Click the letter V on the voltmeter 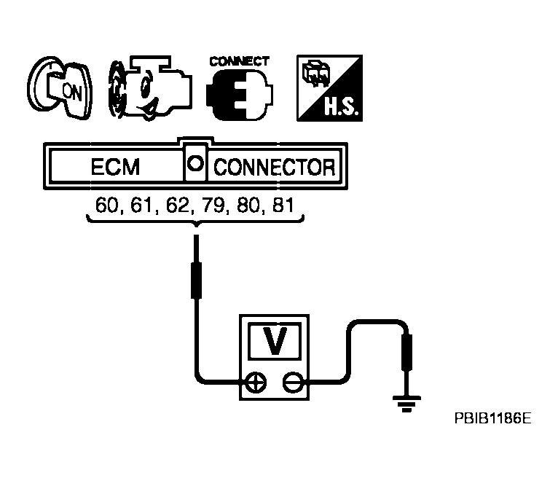coord(275,341)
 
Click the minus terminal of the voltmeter coord(293,381)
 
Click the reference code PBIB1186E coord(493,420)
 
